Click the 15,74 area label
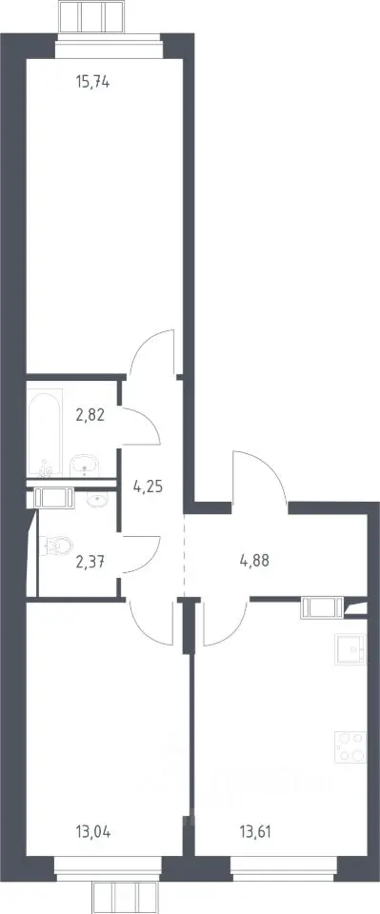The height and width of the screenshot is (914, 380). click(92, 83)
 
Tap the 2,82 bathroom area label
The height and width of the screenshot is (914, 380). click(90, 416)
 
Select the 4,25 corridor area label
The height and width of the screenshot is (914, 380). click(147, 487)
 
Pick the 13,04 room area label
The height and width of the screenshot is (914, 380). click(92, 831)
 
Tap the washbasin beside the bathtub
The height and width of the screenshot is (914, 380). click(85, 466)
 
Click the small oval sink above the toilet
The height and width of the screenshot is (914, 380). click(97, 499)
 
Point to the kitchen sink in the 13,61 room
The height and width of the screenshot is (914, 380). click(350, 648)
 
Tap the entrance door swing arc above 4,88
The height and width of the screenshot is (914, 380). click(259, 476)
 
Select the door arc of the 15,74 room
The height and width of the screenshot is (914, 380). click(152, 352)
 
